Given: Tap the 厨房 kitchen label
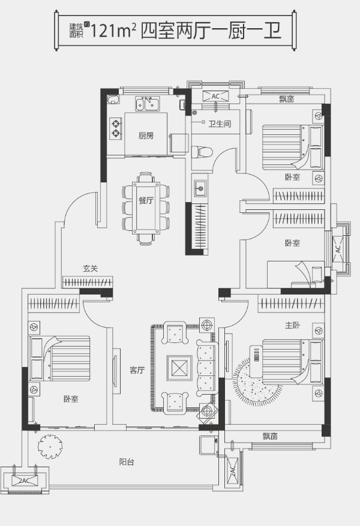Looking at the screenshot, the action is click(146, 136).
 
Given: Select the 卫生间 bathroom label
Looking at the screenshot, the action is click(220, 124).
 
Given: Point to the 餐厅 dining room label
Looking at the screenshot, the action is click(146, 200).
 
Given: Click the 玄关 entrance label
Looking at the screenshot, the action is click(90, 268).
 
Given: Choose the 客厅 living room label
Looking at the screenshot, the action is click(137, 370).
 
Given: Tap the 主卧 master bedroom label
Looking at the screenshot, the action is click(293, 324).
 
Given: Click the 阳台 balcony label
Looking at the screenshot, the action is click(127, 462).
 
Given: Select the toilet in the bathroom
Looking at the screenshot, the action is click(202, 152).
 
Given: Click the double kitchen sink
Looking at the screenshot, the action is click(148, 104).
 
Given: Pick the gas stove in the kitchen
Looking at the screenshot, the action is click(115, 128).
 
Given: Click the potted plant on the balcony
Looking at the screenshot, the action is click(50, 446).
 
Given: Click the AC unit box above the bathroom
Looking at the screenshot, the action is click(215, 96).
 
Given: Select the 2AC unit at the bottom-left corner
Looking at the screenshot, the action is click(25, 480).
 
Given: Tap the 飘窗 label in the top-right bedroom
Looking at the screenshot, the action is click(287, 99).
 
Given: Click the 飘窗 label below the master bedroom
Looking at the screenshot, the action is click(270, 436).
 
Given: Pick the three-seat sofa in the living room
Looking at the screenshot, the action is click(206, 368).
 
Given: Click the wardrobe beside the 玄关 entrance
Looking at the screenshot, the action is click(88, 282).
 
